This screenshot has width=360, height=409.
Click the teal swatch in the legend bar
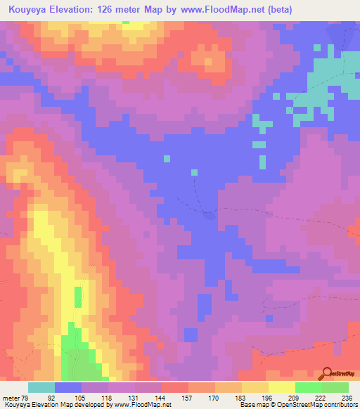pyautogui.click(x=41, y=387)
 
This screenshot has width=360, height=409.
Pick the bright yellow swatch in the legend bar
pyautogui.click(x=281, y=387)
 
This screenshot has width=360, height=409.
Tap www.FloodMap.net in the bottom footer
pyautogui.click(x=143, y=405)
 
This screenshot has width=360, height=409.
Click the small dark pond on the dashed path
pyautogui.click(x=209, y=215)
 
